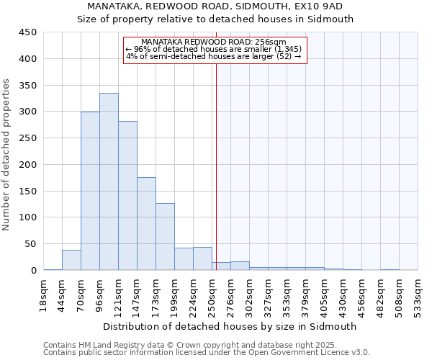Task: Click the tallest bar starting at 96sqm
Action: pos(109,181)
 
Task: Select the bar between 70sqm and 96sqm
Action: pos(90,191)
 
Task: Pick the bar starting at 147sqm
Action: pos(146,223)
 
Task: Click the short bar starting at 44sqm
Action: pos(71,260)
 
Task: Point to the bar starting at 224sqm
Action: pos(202,258)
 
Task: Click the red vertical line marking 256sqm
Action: pos(216,180)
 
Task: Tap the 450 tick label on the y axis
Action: pos(28,32)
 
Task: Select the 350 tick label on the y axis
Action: pos(28,85)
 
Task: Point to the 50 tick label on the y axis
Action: pos(31,244)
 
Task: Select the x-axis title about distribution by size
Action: pos(230,326)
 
